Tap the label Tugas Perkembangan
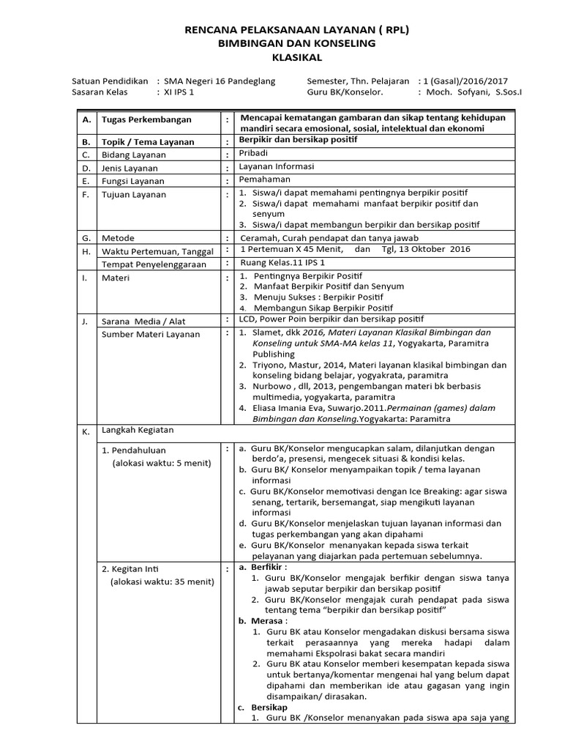[146, 119]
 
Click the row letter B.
[86, 141]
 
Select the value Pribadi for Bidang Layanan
[255, 154]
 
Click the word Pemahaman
[264, 179]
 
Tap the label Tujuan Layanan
[134, 195]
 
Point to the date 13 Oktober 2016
[432, 250]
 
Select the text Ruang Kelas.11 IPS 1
[282, 263]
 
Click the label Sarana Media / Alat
[145, 321]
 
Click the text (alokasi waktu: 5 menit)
[161, 464]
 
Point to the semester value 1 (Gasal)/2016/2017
[465, 81]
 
